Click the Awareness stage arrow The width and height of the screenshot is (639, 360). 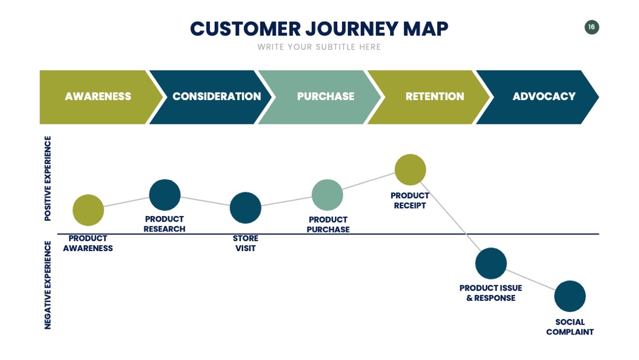98,97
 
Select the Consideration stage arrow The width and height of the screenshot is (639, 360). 212,97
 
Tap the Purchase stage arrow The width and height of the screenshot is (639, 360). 322,97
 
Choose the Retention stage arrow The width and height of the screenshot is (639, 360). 431,97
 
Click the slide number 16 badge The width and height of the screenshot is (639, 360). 591,27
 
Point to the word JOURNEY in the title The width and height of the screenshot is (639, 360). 351,29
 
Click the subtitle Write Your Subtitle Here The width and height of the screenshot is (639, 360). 319,47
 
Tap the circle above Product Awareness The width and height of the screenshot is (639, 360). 88,210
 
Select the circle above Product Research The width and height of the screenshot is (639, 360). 164,195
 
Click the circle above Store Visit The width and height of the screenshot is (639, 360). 246,207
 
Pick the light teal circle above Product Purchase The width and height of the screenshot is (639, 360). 327,195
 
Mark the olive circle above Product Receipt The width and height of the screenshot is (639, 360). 411,169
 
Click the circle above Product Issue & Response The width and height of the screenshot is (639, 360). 491,263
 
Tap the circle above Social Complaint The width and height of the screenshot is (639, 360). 570,296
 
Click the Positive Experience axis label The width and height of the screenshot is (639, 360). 48,179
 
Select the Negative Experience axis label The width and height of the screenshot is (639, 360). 48,285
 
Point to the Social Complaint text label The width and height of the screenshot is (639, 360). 570,327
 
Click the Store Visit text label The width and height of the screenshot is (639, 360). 246,243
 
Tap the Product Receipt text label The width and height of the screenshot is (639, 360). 410,201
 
